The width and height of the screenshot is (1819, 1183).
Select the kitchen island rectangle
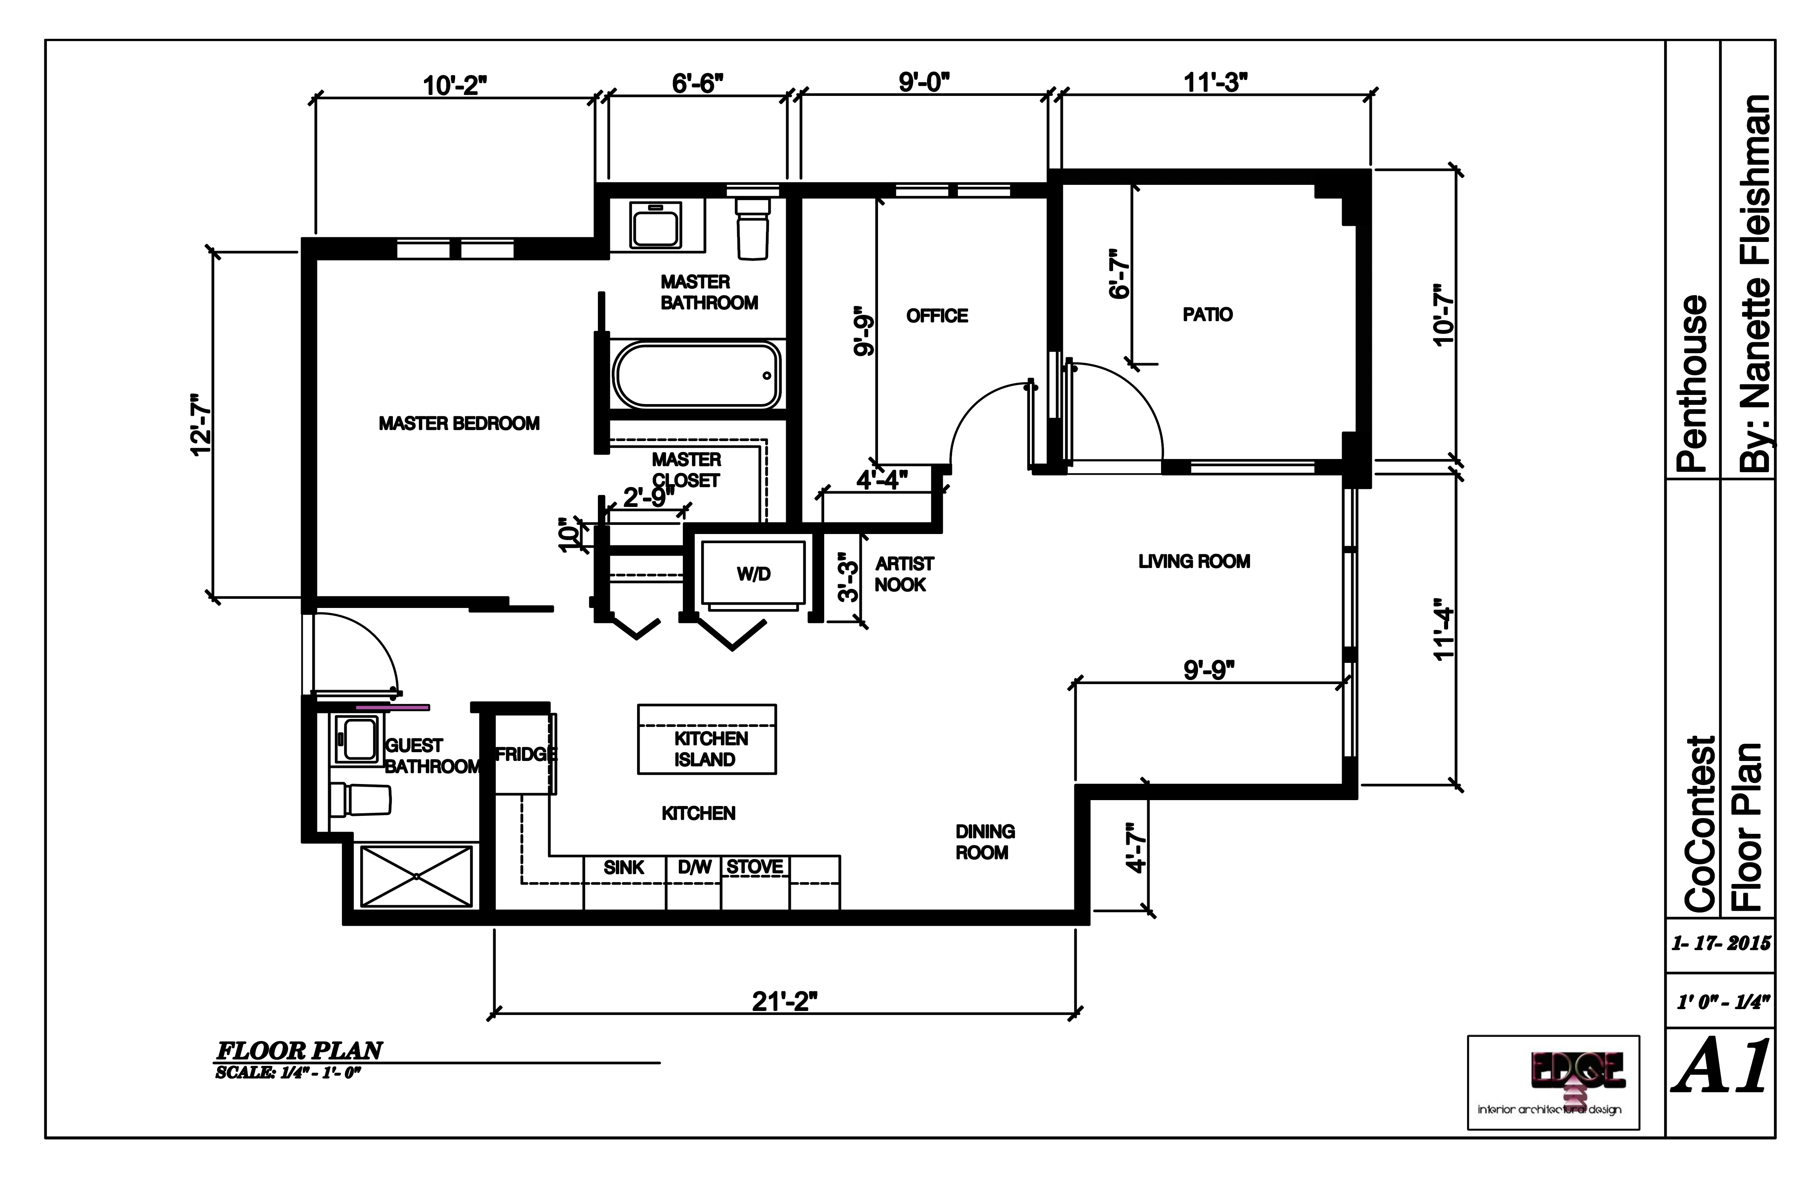click(707, 739)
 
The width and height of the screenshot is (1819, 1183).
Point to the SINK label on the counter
click(624, 867)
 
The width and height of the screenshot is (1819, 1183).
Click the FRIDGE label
click(526, 754)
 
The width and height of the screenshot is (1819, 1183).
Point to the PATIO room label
click(1208, 314)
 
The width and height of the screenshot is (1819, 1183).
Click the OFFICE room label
click(937, 316)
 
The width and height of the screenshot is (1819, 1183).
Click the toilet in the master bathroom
click(752, 228)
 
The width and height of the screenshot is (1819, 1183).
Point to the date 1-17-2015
click(1721, 943)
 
